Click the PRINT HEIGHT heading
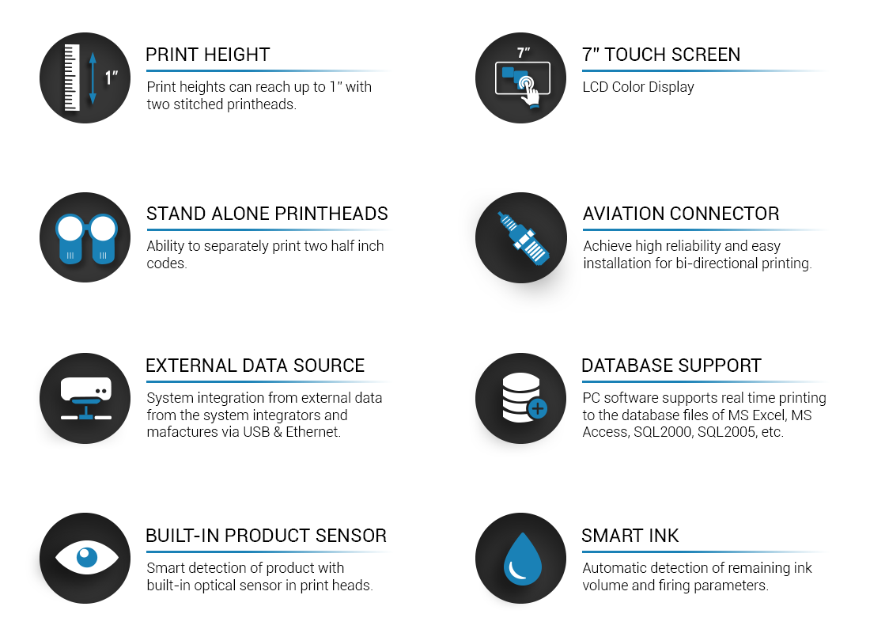[x=207, y=55]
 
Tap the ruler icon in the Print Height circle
[x=72, y=78]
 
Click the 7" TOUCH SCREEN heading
[x=661, y=55]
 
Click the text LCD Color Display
[x=638, y=87]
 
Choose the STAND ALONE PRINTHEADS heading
[x=267, y=214]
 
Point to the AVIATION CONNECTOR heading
[x=681, y=214]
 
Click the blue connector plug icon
[x=523, y=238]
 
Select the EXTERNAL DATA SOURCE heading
[x=255, y=366]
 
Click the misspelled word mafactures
[x=181, y=432]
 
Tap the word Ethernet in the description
[x=313, y=432]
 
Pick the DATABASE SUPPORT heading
[x=671, y=366]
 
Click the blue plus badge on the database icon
[x=536, y=408]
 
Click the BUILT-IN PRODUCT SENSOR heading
[x=266, y=536]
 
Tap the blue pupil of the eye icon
[x=86, y=557]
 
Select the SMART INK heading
[x=630, y=536]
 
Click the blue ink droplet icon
[x=522, y=559]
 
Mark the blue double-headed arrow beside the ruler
[x=93, y=78]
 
